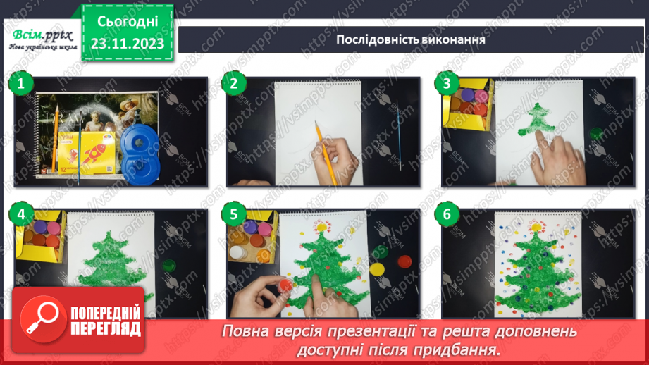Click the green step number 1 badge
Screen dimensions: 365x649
[x=21, y=85]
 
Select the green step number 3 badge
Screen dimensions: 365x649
[x=445, y=85]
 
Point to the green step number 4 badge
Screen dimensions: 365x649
[x=21, y=214]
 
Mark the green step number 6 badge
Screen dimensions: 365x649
[x=445, y=214]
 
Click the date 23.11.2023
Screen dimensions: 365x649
[x=128, y=44]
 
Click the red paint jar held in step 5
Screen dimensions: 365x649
[x=284, y=286]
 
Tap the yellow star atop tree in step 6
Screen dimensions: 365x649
[x=538, y=227]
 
